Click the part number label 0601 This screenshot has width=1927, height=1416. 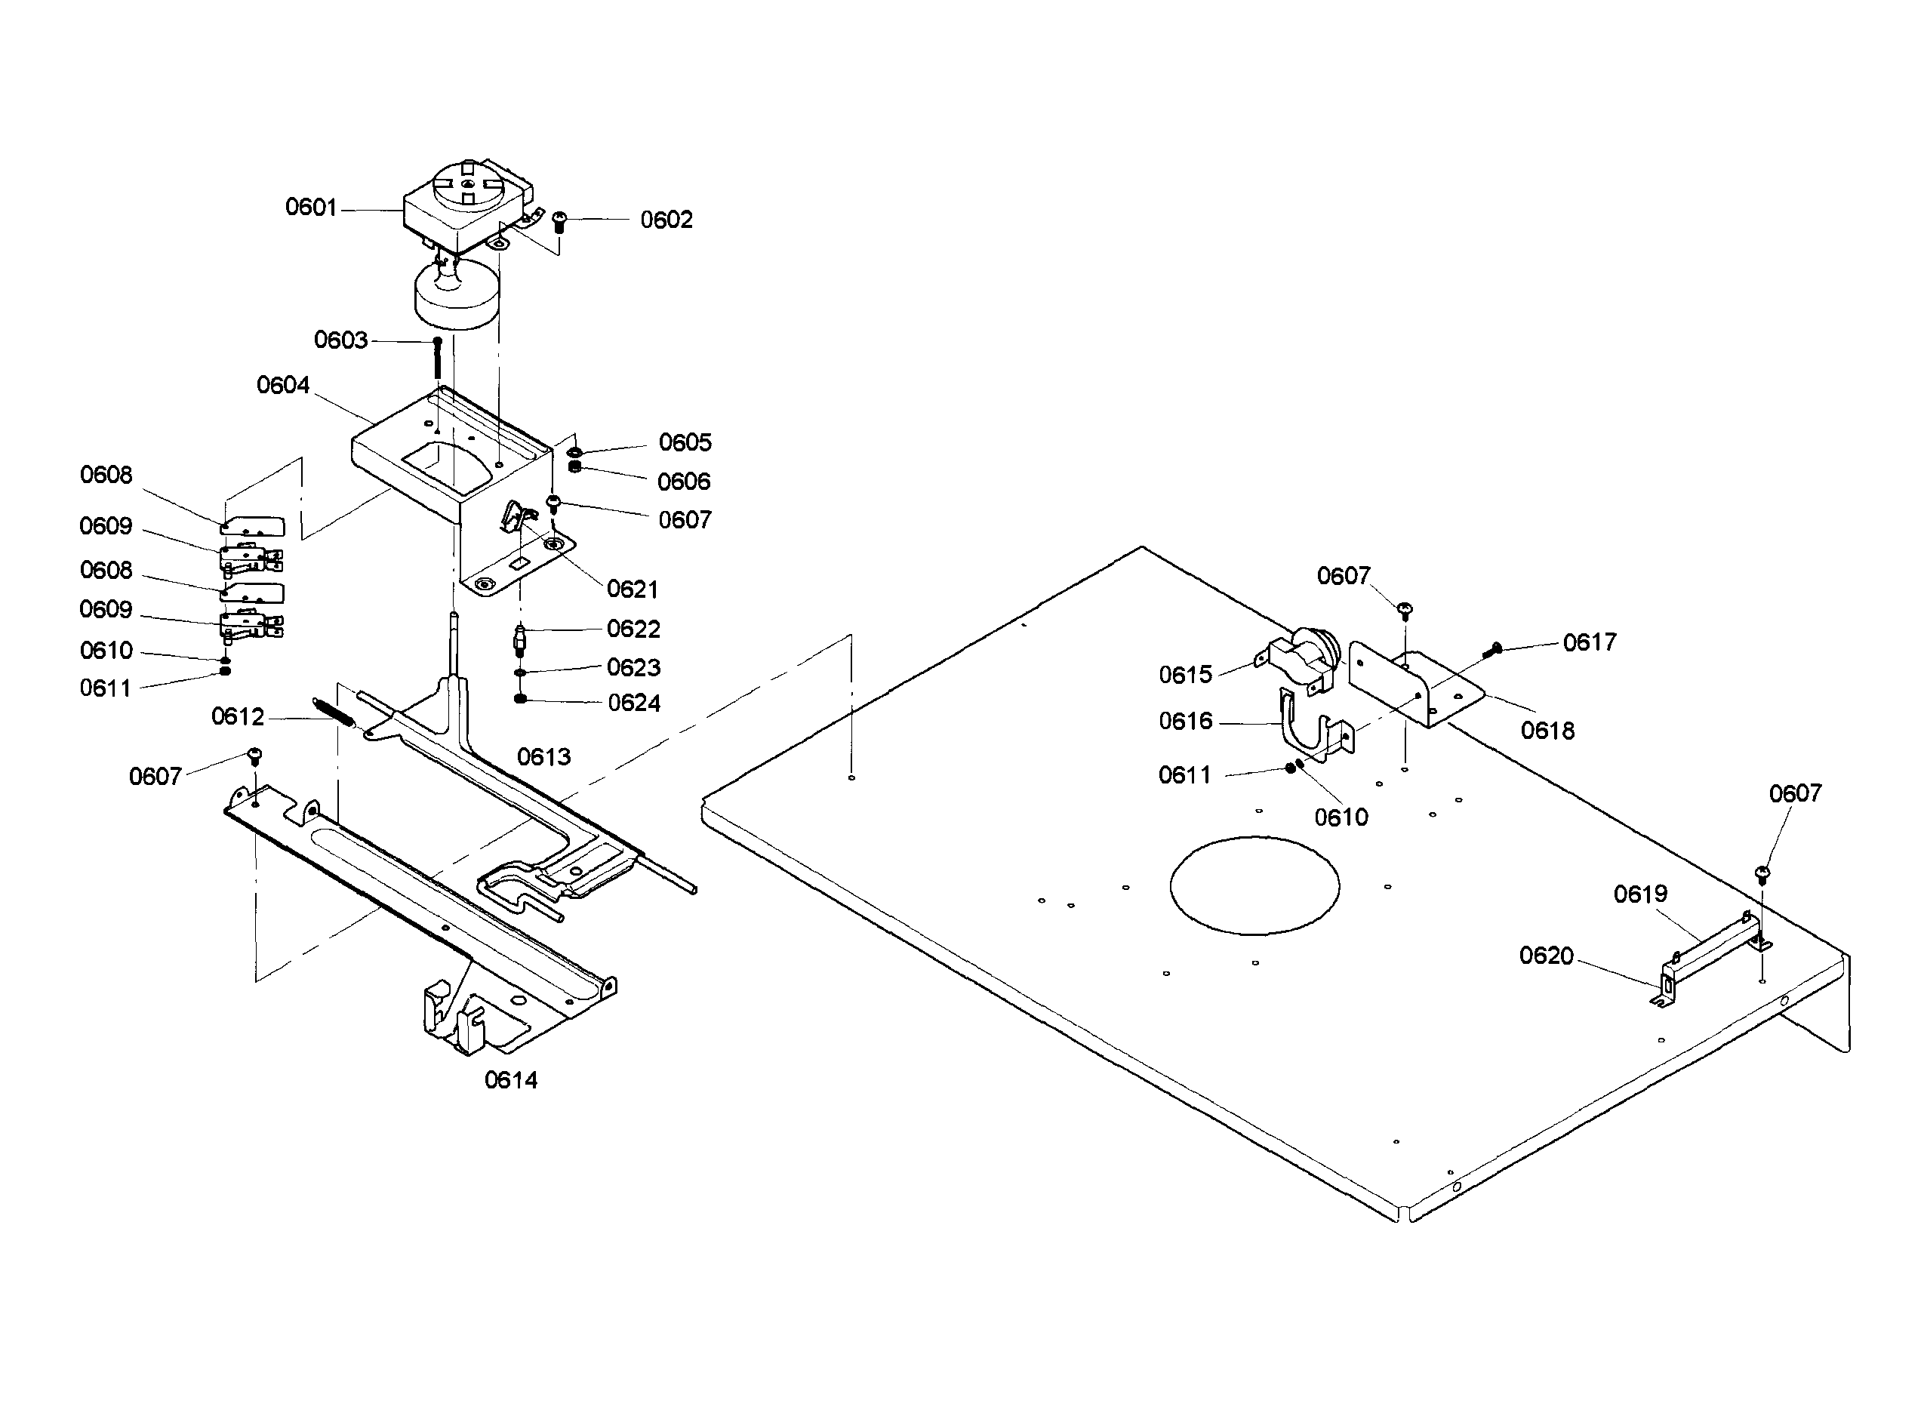(310, 207)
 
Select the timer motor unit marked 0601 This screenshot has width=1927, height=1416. (467, 206)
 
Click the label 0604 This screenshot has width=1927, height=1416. (283, 385)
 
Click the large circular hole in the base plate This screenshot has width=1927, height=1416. (1253, 885)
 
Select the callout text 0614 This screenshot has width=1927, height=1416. (511, 1080)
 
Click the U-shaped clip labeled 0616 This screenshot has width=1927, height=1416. (1307, 725)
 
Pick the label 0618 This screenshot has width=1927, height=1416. (1547, 731)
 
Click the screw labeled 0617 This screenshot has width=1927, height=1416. (1492, 651)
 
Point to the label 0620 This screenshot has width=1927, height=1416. (1546, 955)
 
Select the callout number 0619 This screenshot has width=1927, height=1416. (1640, 894)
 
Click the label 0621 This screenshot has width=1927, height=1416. (633, 589)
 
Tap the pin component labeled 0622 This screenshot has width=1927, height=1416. (519, 639)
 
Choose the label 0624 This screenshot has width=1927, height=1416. (633, 703)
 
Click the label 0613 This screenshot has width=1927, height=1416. (543, 756)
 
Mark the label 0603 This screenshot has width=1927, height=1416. (340, 340)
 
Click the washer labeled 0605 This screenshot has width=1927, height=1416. (575, 451)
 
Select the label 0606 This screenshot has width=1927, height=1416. (683, 481)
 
